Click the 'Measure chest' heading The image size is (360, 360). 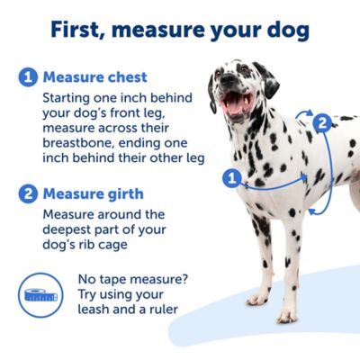(x=95, y=77)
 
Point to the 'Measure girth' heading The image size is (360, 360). (x=93, y=193)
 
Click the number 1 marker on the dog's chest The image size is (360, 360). (x=230, y=178)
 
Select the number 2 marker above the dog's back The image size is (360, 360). (x=321, y=123)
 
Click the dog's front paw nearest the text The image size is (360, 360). (x=257, y=298)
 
